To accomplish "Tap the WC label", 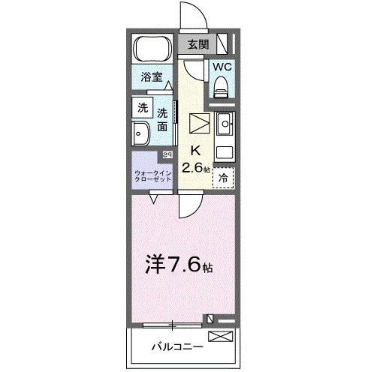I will point(221,66).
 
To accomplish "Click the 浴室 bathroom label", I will point(152,76).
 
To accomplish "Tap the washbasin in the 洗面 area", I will point(141,134).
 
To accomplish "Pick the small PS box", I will point(167,154).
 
